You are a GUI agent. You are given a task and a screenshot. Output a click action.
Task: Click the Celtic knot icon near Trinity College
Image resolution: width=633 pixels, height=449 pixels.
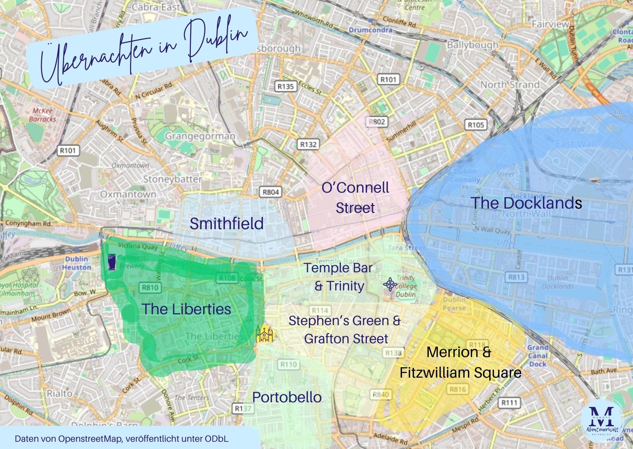[390, 285]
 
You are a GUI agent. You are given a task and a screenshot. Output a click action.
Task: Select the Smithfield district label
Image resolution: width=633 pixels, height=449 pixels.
[227, 224]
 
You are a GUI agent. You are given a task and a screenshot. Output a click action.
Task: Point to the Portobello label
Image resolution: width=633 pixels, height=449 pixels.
[287, 397]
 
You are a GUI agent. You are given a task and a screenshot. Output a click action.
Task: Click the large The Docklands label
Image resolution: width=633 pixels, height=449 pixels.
[526, 203]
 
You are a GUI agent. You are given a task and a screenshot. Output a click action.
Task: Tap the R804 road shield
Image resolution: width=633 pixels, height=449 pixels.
[271, 192]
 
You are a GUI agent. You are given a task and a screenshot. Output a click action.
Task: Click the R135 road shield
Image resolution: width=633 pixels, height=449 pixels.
[286, 86]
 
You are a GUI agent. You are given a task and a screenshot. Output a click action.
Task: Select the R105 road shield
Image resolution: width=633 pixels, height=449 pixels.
[476, 125]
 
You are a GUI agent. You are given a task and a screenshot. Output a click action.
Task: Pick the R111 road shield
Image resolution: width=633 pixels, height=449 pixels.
[509, 403]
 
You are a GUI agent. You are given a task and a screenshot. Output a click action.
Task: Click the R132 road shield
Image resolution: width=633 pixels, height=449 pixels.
[308, 144]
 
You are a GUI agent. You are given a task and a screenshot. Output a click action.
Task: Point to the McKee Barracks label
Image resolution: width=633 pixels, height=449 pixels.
[43, 115]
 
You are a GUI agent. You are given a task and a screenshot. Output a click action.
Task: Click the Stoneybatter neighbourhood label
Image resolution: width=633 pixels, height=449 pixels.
[173, 179]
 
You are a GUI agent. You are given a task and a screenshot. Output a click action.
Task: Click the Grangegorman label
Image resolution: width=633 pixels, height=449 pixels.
[200, 137]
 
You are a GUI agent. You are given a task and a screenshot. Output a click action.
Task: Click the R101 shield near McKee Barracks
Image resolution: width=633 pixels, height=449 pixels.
[68, 150]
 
